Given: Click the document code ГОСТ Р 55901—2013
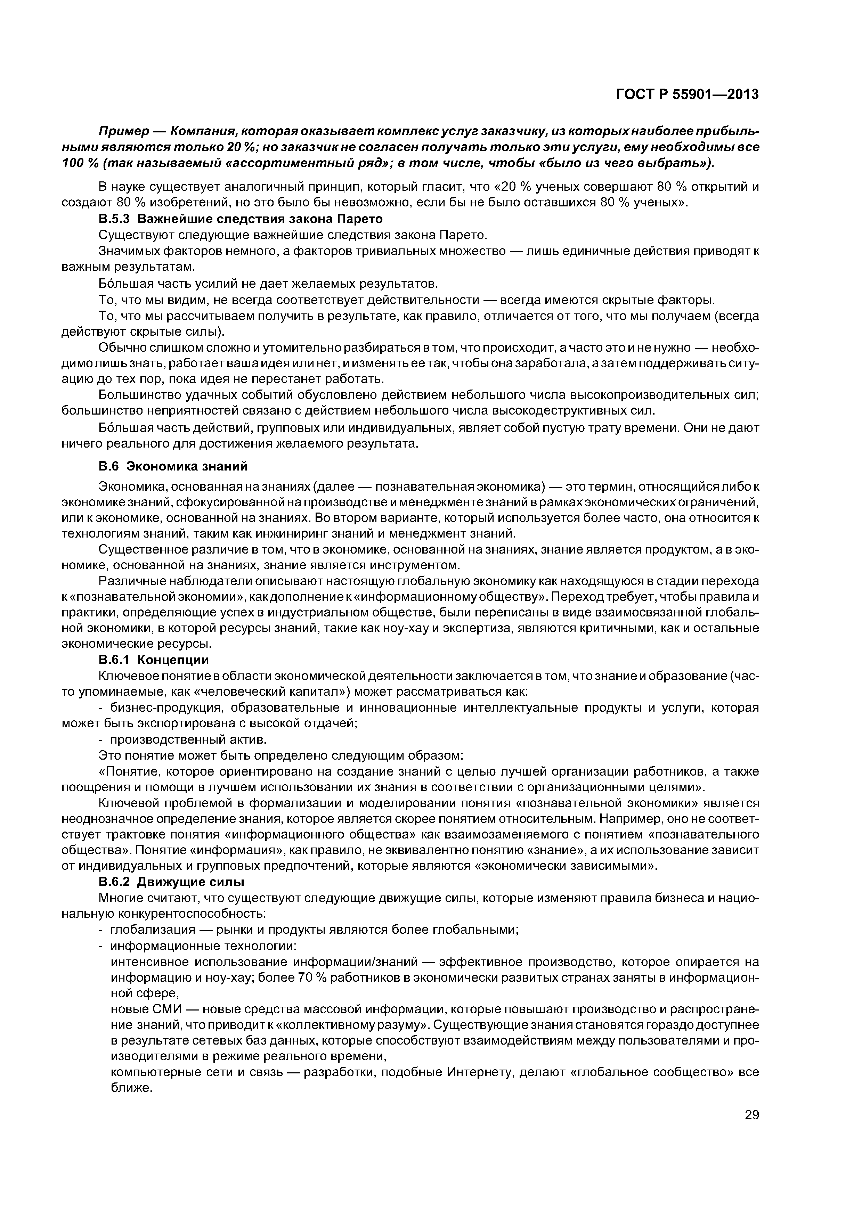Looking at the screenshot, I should click(x=687, y=95).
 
